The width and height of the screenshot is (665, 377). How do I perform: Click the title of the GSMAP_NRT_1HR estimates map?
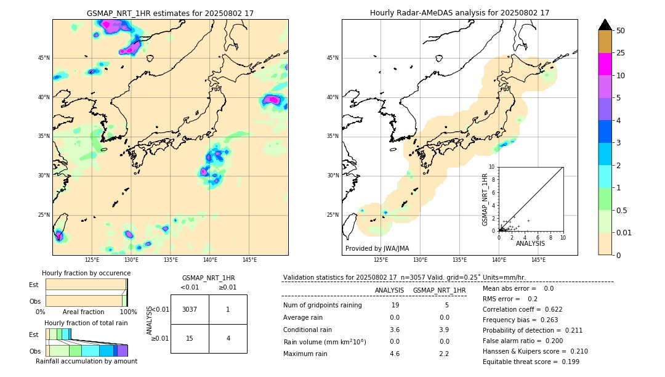pyautogui.click(x=170, y=13)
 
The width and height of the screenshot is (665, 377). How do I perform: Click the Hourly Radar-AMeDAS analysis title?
pyautogui.click(x=459, y=13)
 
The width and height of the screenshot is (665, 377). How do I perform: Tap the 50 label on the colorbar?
pyautogui.click(x=621, y=31)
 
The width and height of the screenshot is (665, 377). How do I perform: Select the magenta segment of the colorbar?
pyautogui.click(x=605, y=64)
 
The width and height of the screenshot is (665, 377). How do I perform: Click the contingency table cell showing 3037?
pyautogui.click(x=190, y=309)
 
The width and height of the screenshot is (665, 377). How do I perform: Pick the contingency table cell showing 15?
pyautogui.click(x=190, y=338)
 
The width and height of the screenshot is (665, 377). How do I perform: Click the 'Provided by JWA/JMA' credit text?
pyautogui.click(x=377, y=248)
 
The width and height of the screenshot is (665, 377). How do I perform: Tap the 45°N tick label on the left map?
pyautogui.click(x=44, y=58)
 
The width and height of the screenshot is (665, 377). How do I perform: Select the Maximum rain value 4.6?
pyautogui.click(x=394, y=354)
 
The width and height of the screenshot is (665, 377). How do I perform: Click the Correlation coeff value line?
pyautogui.click(x=522, y=309)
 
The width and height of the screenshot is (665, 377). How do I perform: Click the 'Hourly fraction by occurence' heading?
pyautogui.click(x=86, y=273)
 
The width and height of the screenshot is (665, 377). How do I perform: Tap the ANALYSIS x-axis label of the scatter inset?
pyautogui.click(x=530, y=243)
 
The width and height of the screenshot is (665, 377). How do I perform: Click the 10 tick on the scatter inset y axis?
pyautogui.click(x=492, y=166)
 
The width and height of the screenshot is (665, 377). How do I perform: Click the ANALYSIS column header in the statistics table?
pyautogui.click(x=389, y=290)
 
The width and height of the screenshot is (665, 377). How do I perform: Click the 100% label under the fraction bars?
pyautogui.click(x=127, y=312)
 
